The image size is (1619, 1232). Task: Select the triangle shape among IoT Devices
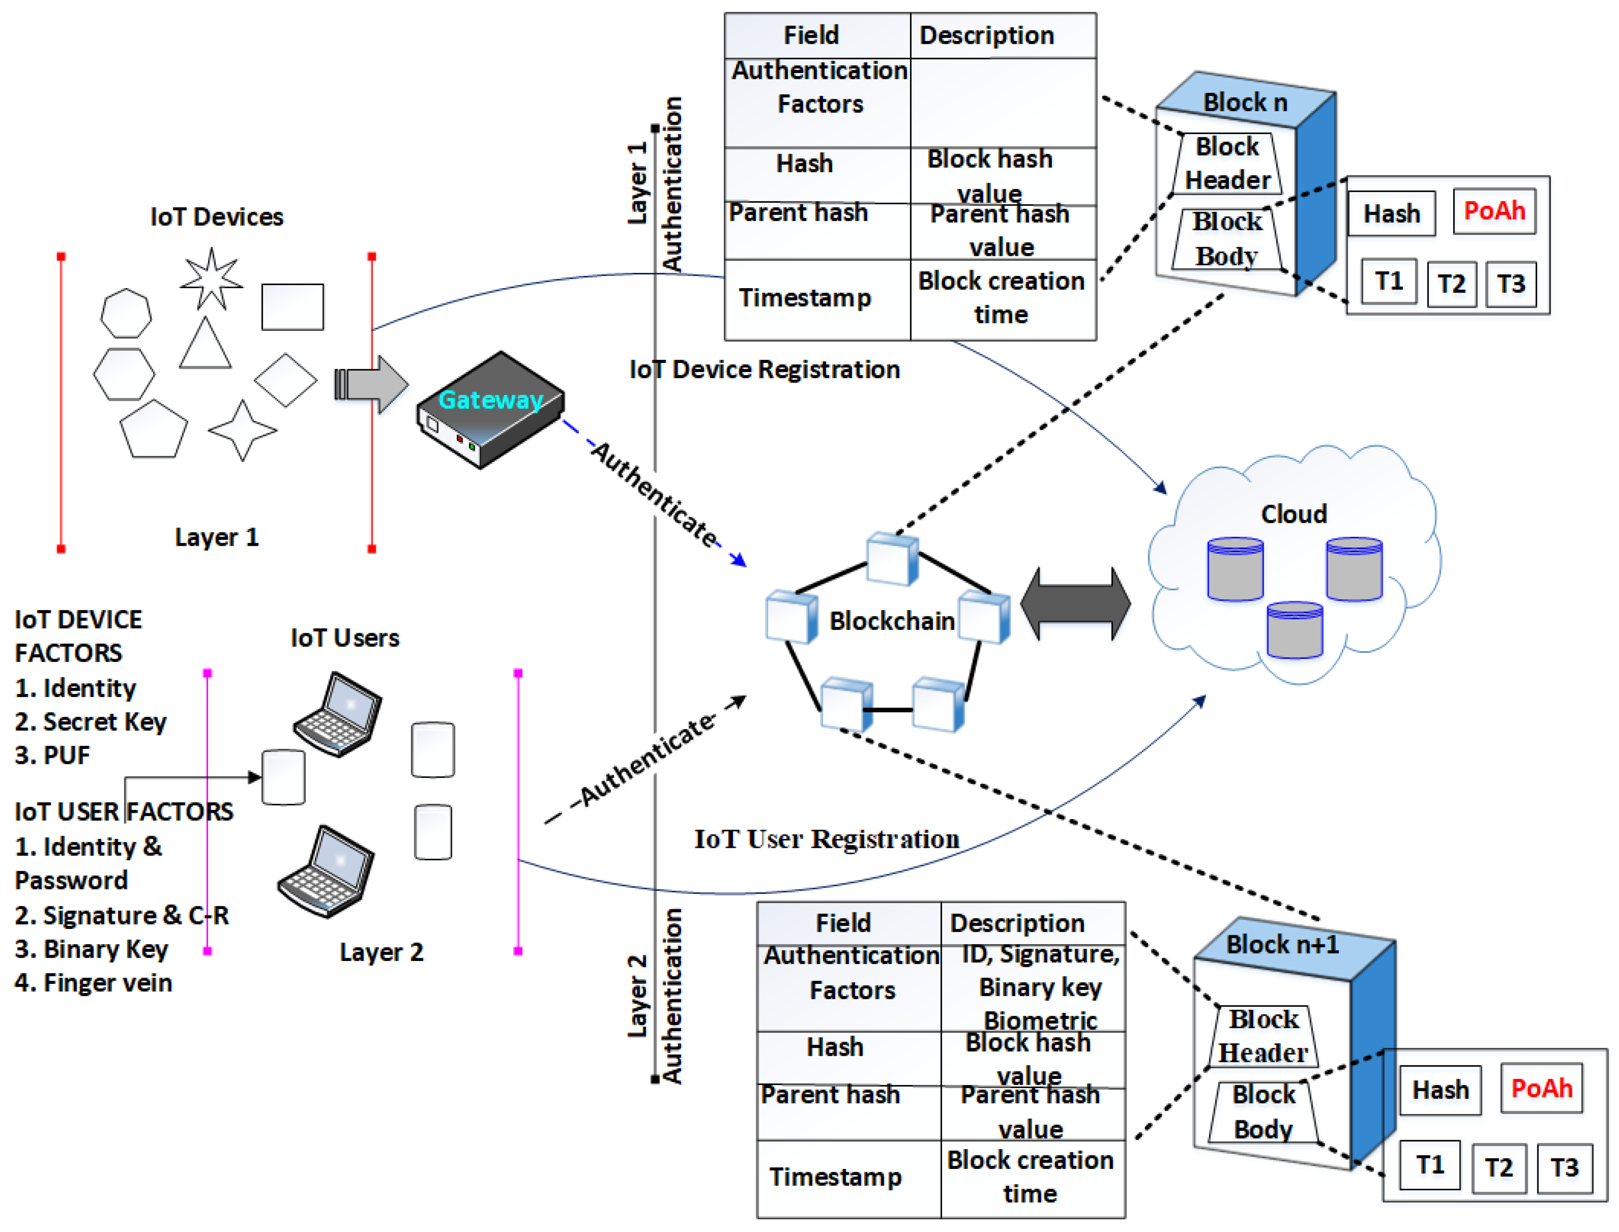pos(205,344)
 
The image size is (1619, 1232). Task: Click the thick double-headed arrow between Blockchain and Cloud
pos(1075,603)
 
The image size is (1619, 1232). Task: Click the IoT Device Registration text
pos(764,370)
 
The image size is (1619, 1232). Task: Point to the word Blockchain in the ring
pos(891,621)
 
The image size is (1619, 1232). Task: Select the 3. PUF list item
pos(53,755)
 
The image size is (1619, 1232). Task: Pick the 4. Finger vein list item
pos(94,983)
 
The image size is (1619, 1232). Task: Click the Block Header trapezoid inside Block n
pos(1227,163)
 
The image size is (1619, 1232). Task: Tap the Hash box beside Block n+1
pos(1440,1090)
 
